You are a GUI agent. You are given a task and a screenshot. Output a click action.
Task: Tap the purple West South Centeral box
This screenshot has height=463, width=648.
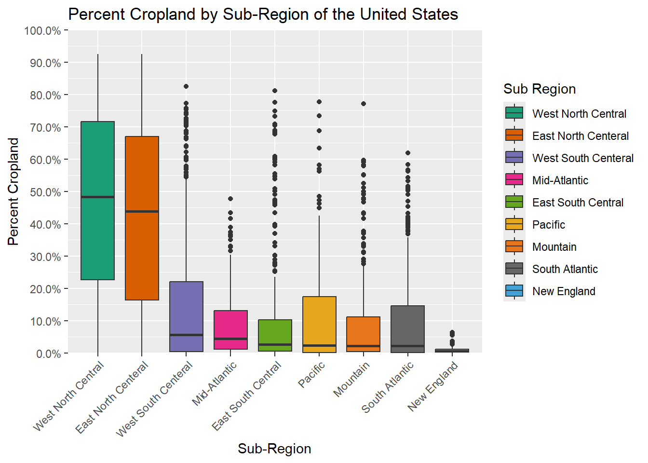pos(186,309)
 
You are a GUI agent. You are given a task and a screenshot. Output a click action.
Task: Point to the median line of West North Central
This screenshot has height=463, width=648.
pos(98,197)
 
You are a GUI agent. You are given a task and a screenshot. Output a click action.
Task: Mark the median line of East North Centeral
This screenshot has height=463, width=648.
pos(142,211)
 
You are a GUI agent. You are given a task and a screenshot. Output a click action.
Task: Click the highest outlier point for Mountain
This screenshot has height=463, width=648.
pos(364,104)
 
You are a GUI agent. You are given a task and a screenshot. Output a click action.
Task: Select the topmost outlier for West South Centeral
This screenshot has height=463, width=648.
pos(186,86)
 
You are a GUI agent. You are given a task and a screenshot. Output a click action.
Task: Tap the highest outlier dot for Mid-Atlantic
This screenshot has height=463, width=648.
pos(230,199)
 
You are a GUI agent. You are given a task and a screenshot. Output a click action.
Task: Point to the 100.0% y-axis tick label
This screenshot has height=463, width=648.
pos(43,31)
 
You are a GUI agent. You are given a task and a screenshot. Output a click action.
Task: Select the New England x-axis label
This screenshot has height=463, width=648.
pos(433,387)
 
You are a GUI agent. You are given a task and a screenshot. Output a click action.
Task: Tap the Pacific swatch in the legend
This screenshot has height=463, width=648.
pos(514,224)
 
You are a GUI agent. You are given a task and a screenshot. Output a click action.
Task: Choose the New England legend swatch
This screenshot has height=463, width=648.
pos(514,291)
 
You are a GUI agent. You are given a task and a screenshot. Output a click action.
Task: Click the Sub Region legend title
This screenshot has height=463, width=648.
pos(540,89)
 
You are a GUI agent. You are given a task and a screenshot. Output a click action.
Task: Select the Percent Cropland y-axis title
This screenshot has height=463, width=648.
pos(13,191)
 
